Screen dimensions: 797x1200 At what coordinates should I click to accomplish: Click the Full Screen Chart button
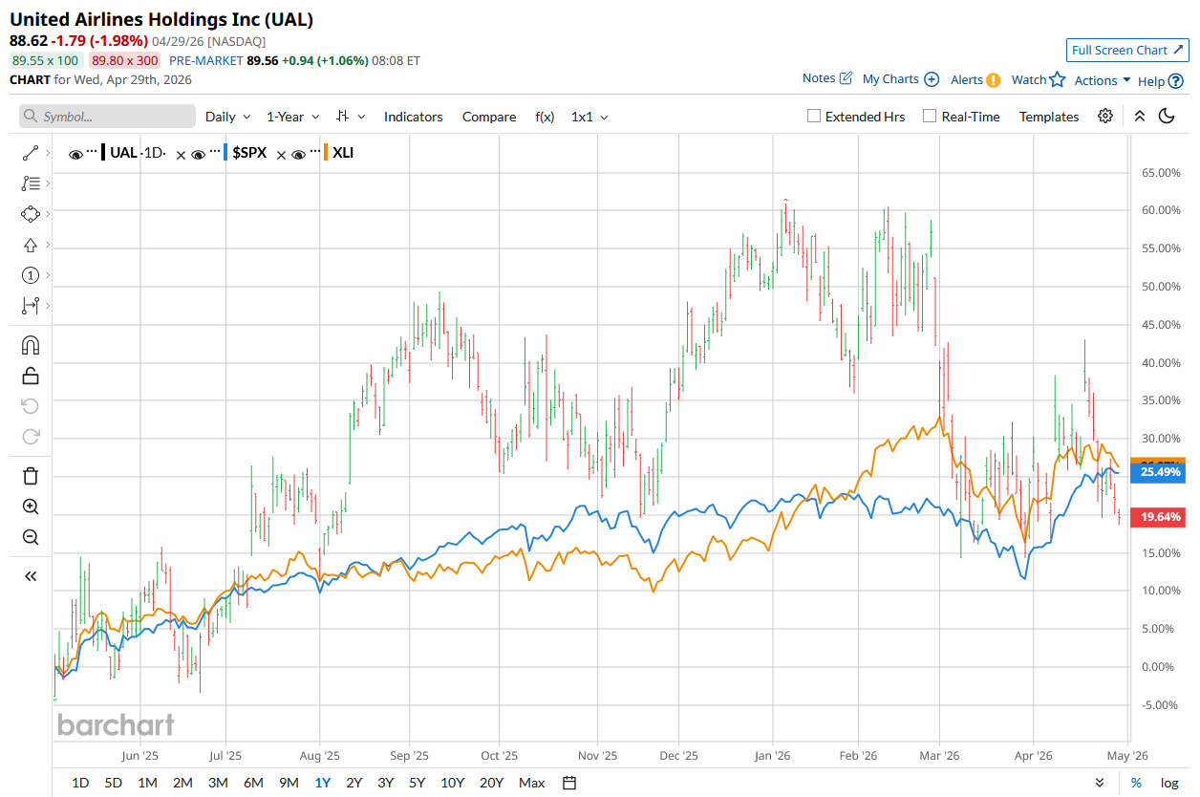pyautogui.click(x=1126, y=50)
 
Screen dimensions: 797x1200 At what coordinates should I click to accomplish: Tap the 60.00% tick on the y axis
pyautogui.click(x=1159, y=210)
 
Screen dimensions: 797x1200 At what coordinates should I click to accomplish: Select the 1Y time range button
pyautogui.click(x=323, y=783)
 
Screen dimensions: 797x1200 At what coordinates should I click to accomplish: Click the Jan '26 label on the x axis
pyautogui.click(x=773, y=755)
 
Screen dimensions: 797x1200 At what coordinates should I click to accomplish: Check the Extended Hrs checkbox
pyautogui.click(x=814, y=117)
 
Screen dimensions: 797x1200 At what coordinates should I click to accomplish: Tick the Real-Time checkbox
pyautogui.click(x=930, y=117)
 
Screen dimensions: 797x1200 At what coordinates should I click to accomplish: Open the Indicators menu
pyautogui.click(x=413, y=117)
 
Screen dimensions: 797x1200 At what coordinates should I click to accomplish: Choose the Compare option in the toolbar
pyautogui.click(x=488, y=117)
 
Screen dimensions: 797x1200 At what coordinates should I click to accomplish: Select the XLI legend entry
pyautogui.click(x=342, y=152)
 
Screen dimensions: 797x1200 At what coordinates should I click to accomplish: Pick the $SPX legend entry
pyautogui.click(x=249, y=152)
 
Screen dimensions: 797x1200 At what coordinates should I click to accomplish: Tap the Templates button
pyautogui.click(x=1048, y=117)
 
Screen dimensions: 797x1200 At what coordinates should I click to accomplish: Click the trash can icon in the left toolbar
pyautogui.click(x=31, y=476)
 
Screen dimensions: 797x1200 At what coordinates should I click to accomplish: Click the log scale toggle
pyautogui.click(x=1169, y=783)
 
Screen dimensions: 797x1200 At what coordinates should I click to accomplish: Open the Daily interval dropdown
pyautogui.click(x=227, y=117)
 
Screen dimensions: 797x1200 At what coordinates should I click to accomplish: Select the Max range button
pyautogui.click(x=531, y=783)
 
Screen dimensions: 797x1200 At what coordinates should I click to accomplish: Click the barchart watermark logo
pyautogui.click(x=116, y=724)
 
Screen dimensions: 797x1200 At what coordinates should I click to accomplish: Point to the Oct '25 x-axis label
pyautogui.click(x=499, y=755)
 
